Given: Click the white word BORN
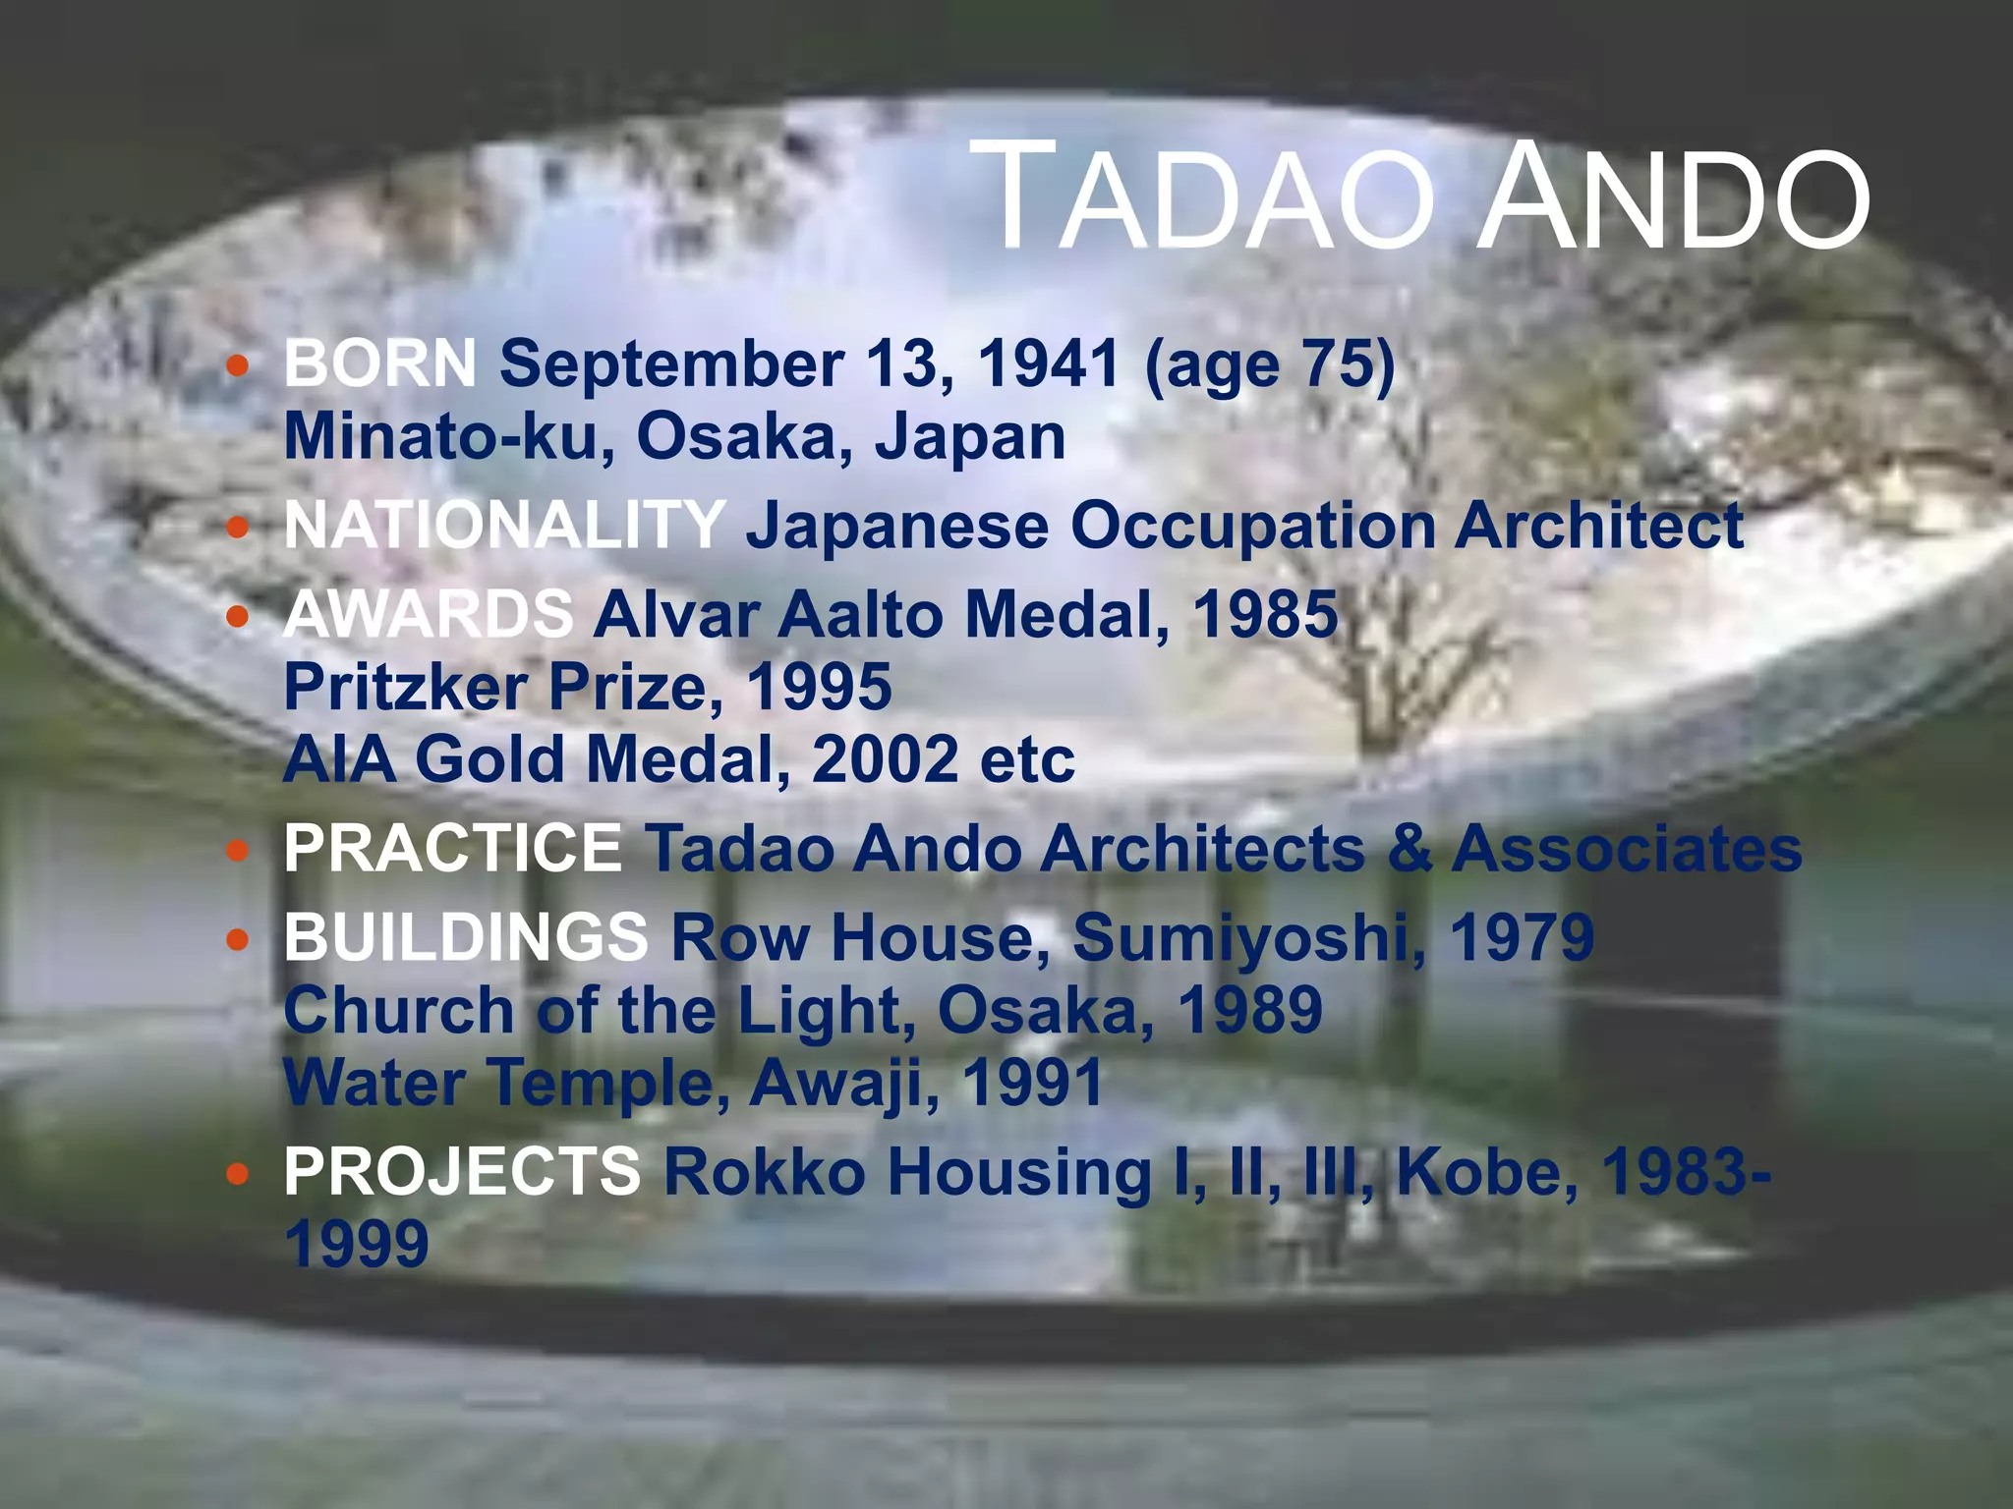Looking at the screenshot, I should (x=380, y=363).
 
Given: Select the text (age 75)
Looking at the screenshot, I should (x=1269, y=365).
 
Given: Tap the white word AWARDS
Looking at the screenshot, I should (x=429, y=614).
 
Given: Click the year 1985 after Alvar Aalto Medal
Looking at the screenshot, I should (x=1265, y=614).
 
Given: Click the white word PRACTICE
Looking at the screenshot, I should (x=453, y=848).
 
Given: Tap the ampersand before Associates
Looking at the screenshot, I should (x=1409, y=848).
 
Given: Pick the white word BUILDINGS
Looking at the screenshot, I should (x=466, y=936).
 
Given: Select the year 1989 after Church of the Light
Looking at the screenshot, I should (x=1249, y=1009).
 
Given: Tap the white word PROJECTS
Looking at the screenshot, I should (x=462, y=1171).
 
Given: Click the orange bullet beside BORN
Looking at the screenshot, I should (x=237, y=366).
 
